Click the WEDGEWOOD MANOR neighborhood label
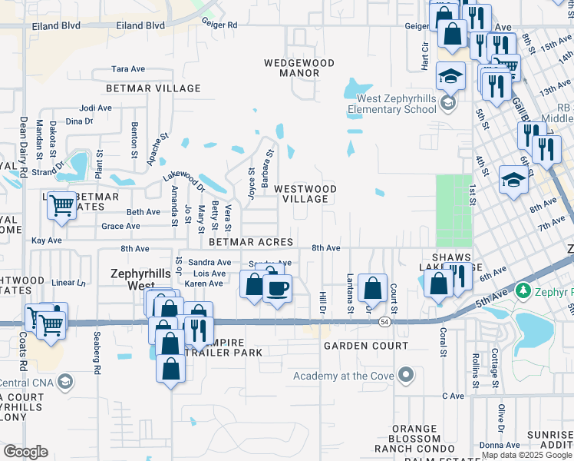click(x=291, y=68)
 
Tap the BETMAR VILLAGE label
click(x=146, y=88)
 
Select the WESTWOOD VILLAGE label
click(x=305, y=194)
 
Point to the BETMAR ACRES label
click(x=251, y=242)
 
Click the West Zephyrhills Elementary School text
click(x=391, y=104)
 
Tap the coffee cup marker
click(x=277, y=288)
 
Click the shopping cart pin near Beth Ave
click(x=61, y=205)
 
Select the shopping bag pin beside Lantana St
click(x=372, y=288)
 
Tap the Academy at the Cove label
click(x=343, y=376)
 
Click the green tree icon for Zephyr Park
click(x=524, y=290)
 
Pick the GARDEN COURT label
click(x=365, y=347)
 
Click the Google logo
click(x=25, y=452)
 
